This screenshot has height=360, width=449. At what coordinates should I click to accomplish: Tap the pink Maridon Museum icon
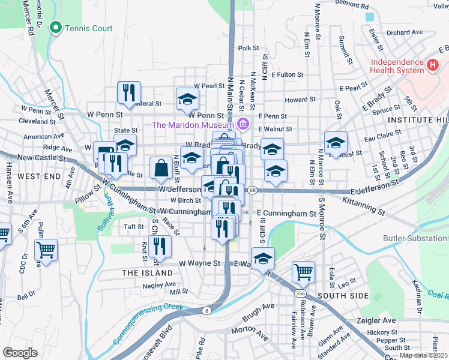pyautogui.click(x=243, y=125)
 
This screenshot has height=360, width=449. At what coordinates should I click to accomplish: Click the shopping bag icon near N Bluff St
pyautogui.click(x=161, y=169)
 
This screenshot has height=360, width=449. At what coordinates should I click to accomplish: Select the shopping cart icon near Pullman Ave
pyautogui.click(x=46, y=250)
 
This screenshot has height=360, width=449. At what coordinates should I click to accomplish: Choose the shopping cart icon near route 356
pyautogui.click(x=303, y=271)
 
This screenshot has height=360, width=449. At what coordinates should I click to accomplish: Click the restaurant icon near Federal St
pyautogui.click(x=129, y=92)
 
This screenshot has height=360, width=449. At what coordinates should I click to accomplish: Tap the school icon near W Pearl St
pyautogui.click(x=187, y=99)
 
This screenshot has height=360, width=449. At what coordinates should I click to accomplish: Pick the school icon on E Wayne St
pyautogui.click(x=263, y=259)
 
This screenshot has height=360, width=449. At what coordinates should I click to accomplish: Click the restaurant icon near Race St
pyautogui.click(x=160, y=245)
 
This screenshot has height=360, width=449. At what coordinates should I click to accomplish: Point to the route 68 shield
pyautogui.click(x=252, y=190)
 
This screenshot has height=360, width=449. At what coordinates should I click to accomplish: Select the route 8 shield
pyautogui.click(x=206, y=310)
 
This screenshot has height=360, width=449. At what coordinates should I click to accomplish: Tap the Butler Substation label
pyautogui.click(x=415, y=238)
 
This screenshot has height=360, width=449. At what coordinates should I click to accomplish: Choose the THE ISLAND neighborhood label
pyautogui.click(x=148, y=273)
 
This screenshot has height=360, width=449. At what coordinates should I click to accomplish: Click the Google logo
pyautogui.click(x=20, y=352)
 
